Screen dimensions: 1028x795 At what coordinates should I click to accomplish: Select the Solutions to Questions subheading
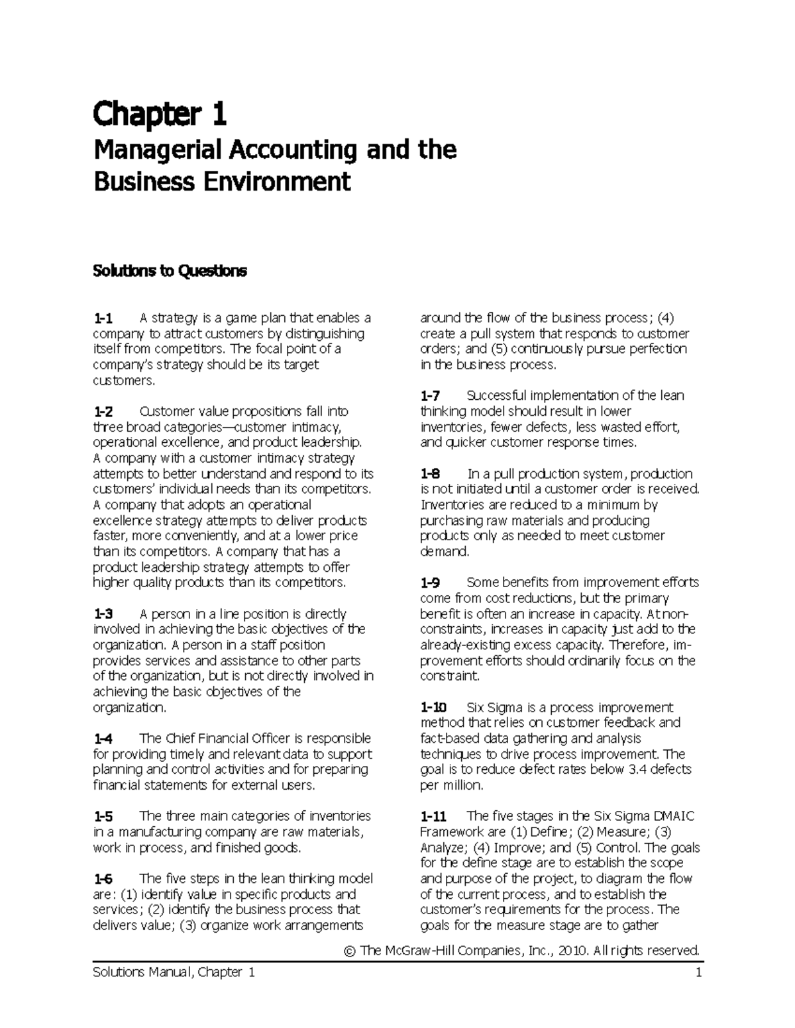pos(170,271)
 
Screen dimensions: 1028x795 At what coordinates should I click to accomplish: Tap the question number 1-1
pos(103,318)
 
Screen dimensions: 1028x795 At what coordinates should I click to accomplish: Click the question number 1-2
pos(103,411)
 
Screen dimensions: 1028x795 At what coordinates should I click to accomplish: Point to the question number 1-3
pos(103,614)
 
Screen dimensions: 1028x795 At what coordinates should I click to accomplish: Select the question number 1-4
pos(103,738)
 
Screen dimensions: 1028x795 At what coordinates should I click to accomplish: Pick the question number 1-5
pos(103,816)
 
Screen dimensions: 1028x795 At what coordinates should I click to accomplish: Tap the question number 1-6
pos(103,878)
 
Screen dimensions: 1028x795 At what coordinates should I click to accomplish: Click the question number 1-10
pos(434,708)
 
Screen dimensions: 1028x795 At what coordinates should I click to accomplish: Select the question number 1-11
pos(434,816)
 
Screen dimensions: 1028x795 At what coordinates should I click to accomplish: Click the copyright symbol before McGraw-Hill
pos(350,951)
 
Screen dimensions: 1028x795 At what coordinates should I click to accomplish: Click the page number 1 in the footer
pos(698,973)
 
